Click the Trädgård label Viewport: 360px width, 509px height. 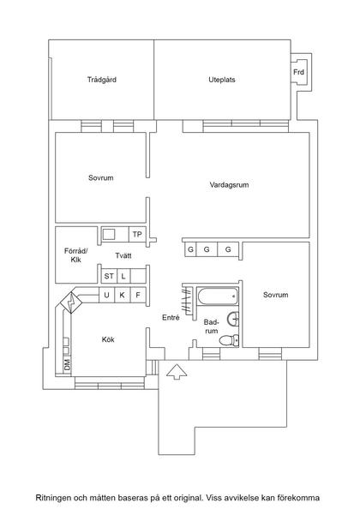(101, 80)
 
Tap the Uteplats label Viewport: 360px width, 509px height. (221, 80)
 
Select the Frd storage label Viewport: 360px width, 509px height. (298, 73)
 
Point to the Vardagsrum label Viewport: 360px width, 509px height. (229, 185)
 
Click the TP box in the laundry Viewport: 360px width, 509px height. (135, 234)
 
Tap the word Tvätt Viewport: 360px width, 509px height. (123, 255)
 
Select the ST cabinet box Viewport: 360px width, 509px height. (109, 276)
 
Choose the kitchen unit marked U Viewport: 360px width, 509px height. (107, 296)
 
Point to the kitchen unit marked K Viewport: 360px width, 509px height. (123, 296)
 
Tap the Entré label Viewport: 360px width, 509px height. (171, 318)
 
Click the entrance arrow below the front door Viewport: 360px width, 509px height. (176, 371)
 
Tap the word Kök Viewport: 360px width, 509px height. (108, 339)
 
